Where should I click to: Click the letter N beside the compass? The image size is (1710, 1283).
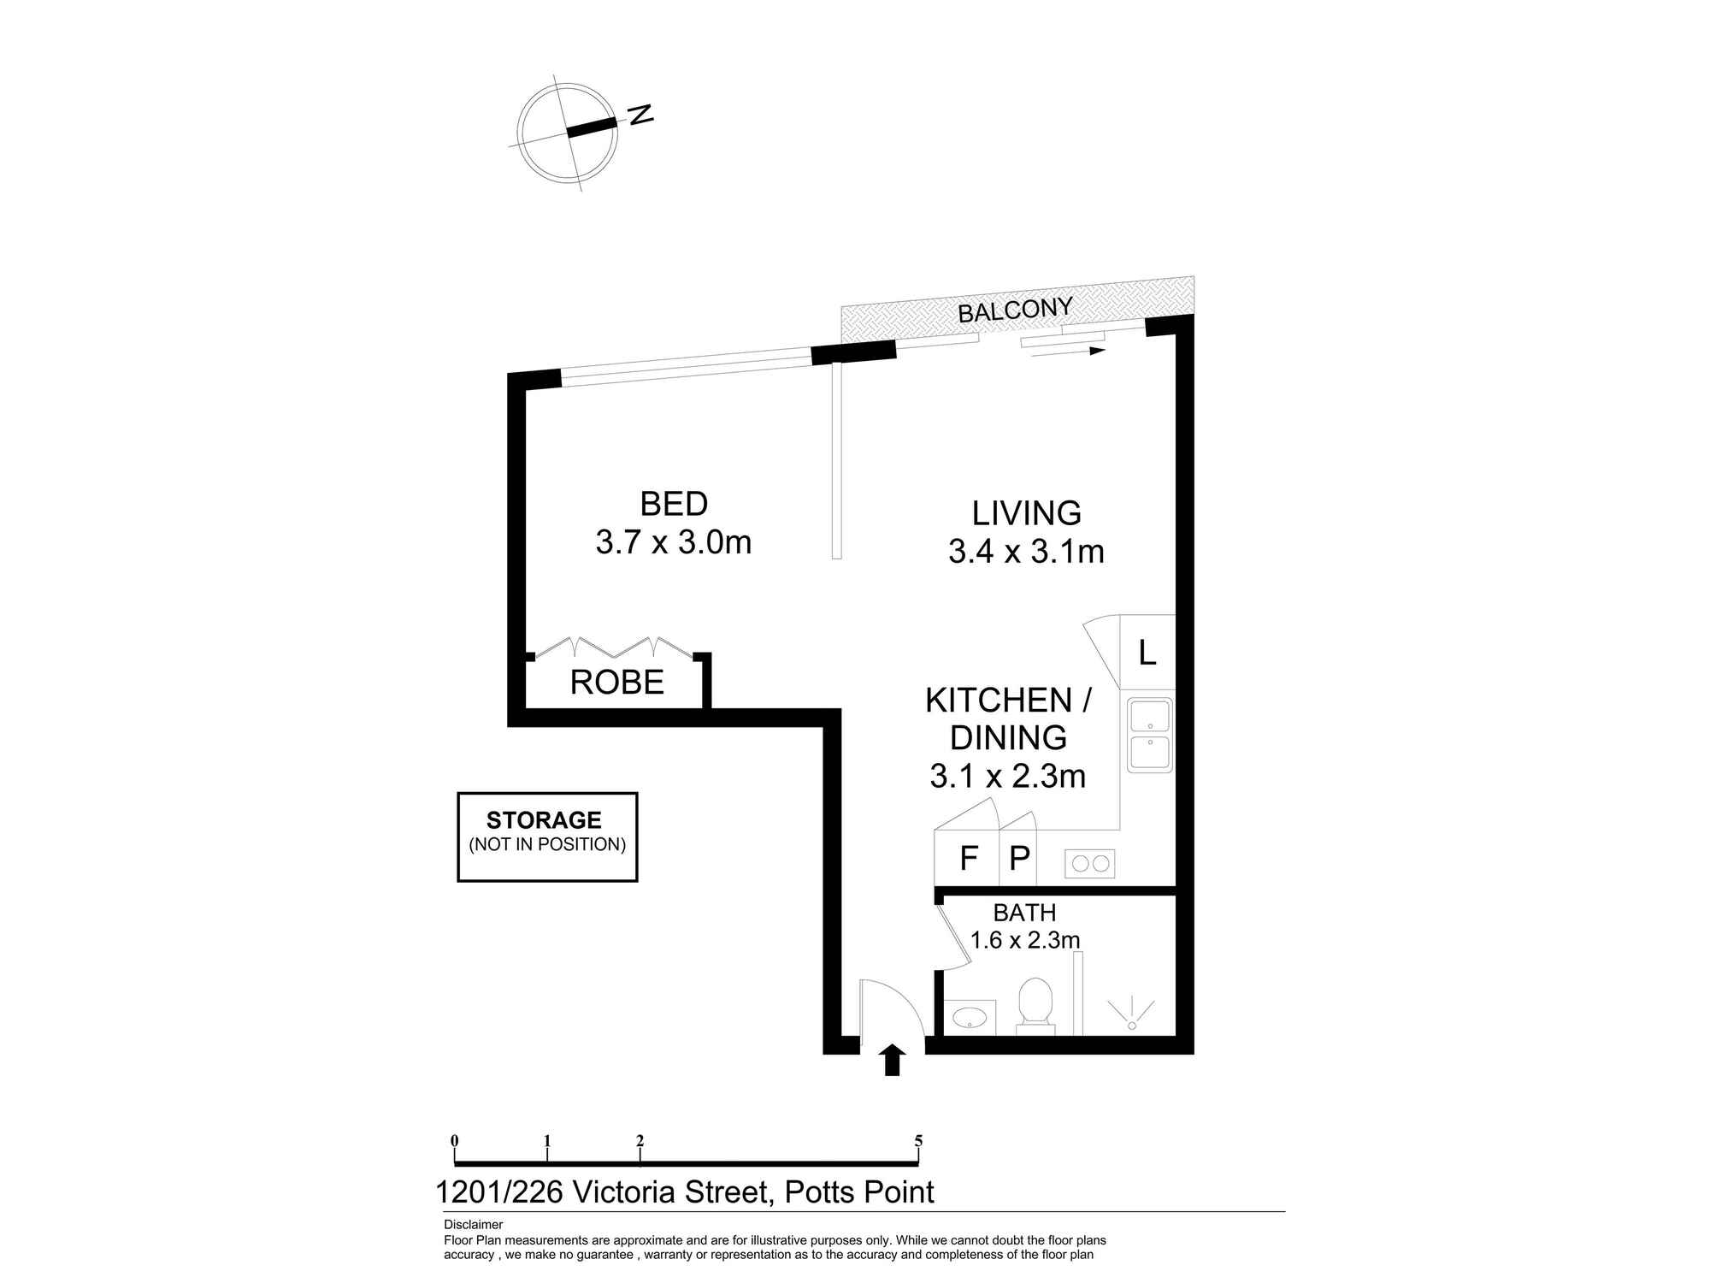(x=640, y=115)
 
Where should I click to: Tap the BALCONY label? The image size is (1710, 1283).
(x=1015, y=310)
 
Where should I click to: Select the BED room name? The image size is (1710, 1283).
(x=674, y=504)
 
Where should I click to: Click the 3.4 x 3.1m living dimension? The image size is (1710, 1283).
(x=1026, y=552)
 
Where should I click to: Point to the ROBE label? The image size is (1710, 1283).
(x=617, y=682)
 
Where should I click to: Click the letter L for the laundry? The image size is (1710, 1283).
(x=1147, y=653)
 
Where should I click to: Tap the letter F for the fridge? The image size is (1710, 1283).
(x=969, y=858)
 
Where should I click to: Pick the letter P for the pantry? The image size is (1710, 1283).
(x=1019, y=858)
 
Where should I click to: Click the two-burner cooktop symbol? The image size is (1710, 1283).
(x=1089, y=863)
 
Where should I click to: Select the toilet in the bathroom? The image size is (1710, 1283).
(x=1035, y=1005)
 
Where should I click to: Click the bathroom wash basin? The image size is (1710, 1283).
(x=971, y=1016)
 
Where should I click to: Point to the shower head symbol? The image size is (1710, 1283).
(x=1131, y=1014)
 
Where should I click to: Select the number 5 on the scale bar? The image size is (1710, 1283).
(x=918, y=1140)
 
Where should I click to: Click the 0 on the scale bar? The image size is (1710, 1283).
(x=455, y=1140)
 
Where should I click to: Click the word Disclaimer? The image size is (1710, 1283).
(x=474, y=1225)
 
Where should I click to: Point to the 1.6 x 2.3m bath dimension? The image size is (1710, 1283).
(x=1025, y=940)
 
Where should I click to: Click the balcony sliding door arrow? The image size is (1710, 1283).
(x=1069, y=351)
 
